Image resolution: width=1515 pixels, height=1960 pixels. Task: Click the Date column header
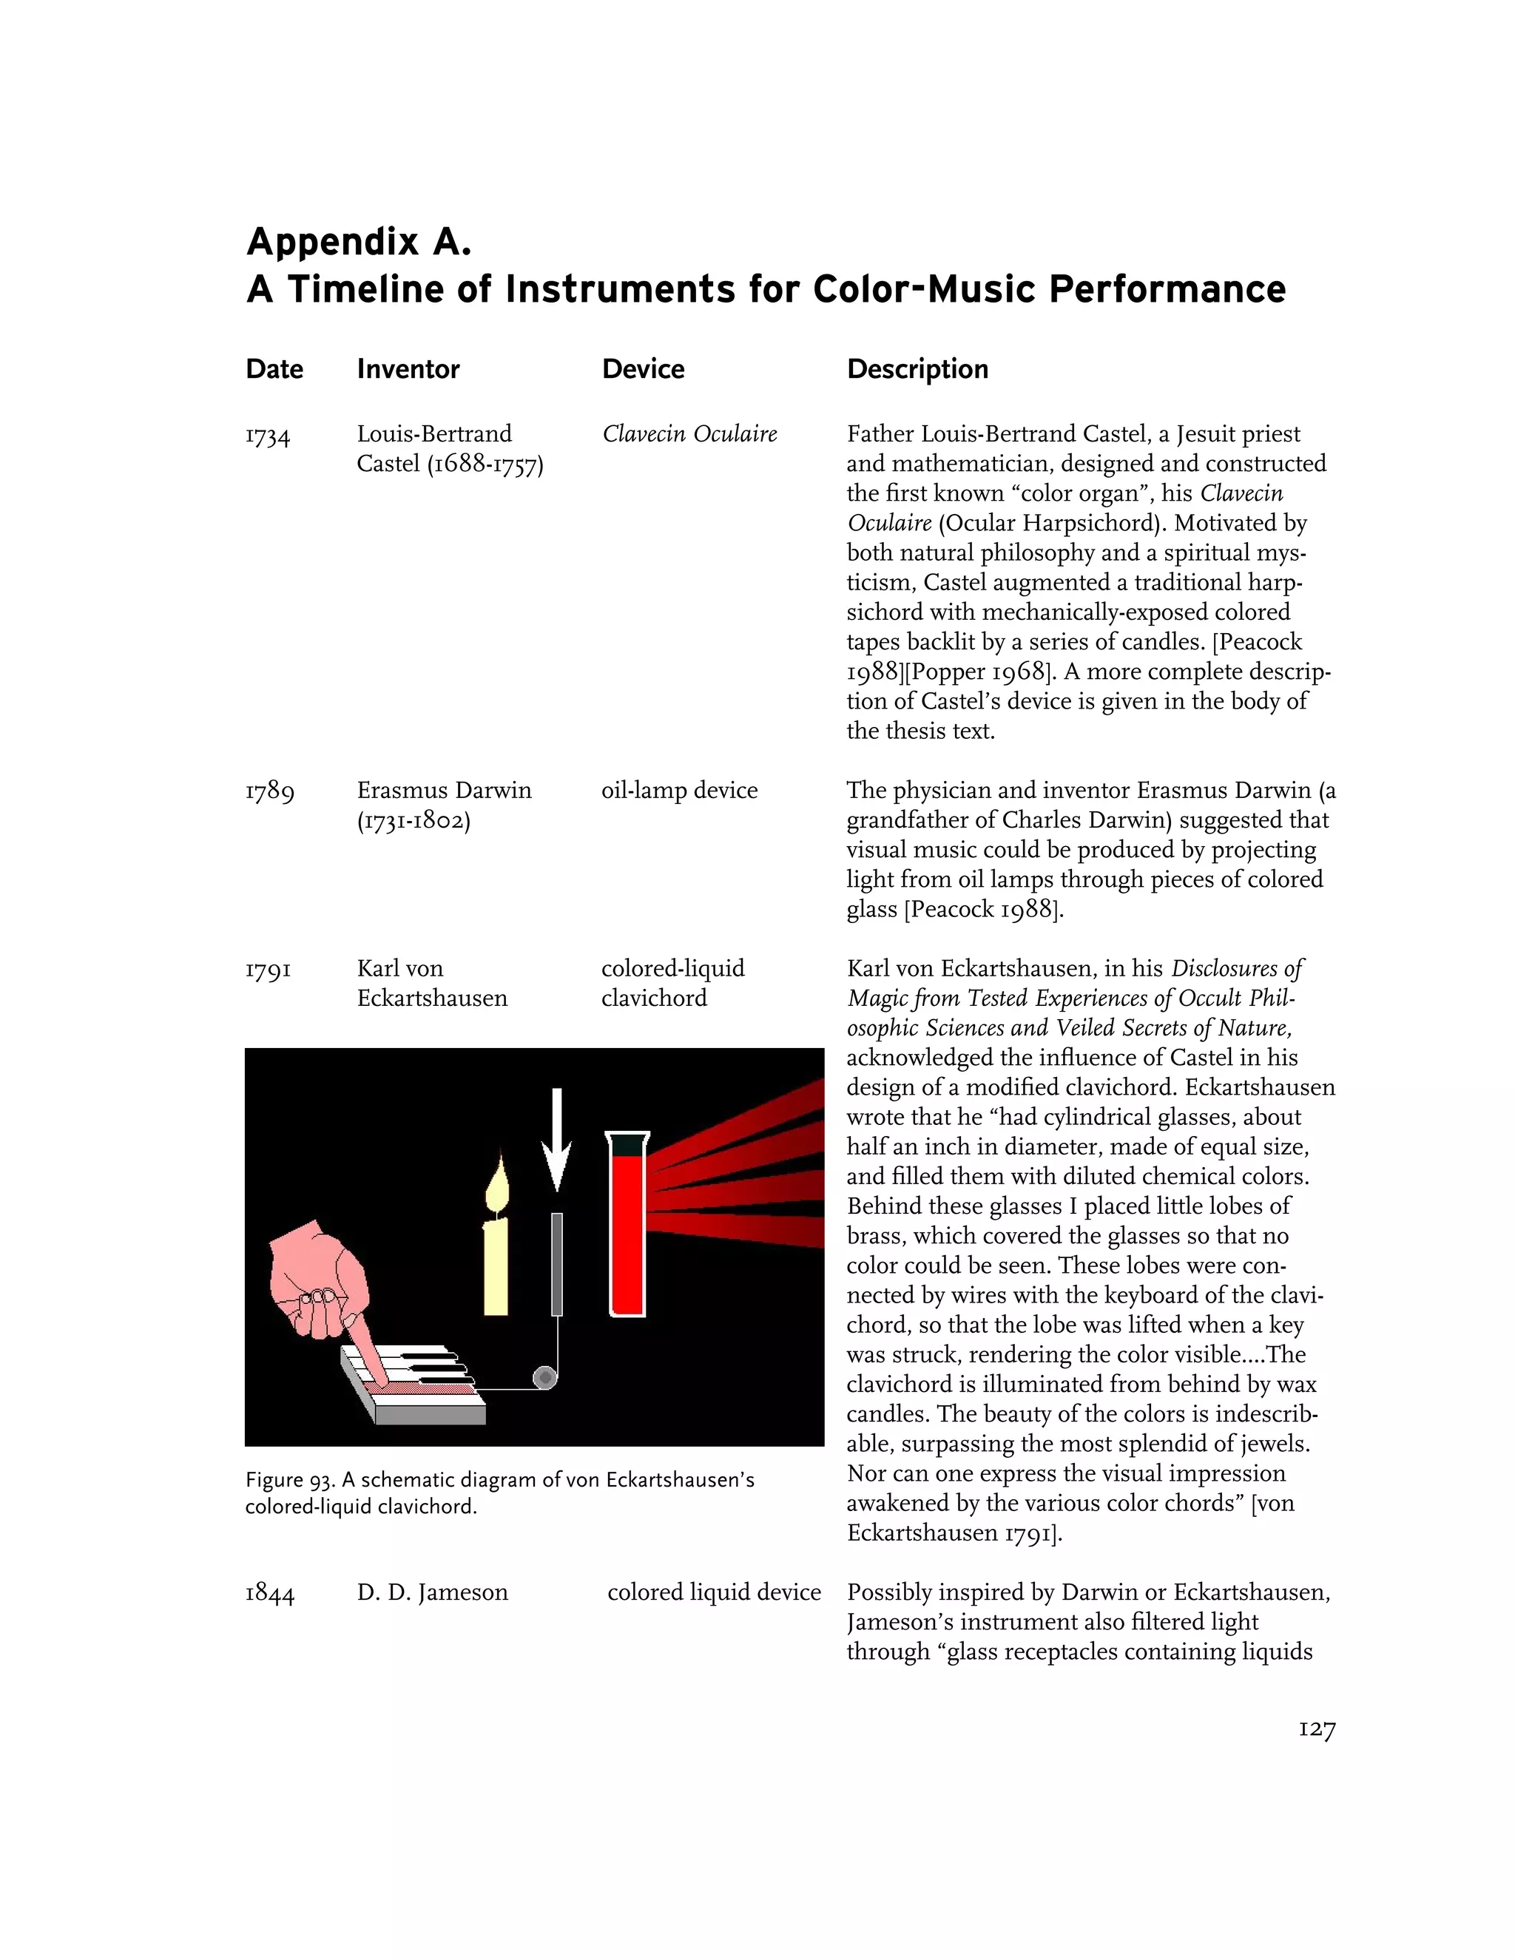pyautogui.click(x=274, y=369)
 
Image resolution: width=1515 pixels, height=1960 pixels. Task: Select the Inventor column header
pyautogui.click(x=408, y=369)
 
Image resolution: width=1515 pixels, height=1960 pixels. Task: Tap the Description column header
pyautogui.click(x=917, y=369)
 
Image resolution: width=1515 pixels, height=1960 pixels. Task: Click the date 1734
pyautogui.click(x=268, y=436)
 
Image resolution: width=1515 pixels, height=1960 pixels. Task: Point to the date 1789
pyautogui.click(x=269, y=791)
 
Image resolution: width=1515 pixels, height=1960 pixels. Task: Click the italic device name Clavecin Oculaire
pyautogui.click(x=689, y=434)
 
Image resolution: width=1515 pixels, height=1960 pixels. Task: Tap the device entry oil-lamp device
pyautogui.click(x=678, y=791)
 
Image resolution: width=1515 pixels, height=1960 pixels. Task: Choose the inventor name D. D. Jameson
pyautogui.click(x=432, y=1593)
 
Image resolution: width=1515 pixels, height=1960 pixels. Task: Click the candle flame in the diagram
pyautogui.click(x=497, y=1185)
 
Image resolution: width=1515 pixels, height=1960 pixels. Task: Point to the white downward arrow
pyautogui.click(x=557, y=1140)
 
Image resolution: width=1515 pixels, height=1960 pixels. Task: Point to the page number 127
pyautogui.click(x=1317, y=1729)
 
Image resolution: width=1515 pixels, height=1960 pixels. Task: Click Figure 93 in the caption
pyautogui.click(x=287, y=1481)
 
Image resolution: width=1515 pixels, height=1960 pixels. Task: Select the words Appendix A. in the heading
pyautogui.click(x=358, y=243)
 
